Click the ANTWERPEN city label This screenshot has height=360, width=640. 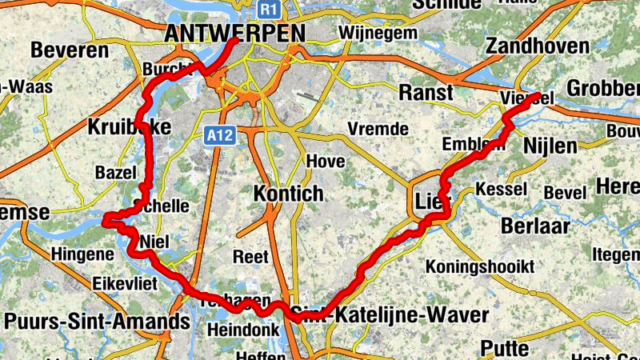(234, 34)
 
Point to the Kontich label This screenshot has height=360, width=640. (288, 194)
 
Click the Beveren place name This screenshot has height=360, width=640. (70, 50)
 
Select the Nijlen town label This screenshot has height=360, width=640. (550, 146)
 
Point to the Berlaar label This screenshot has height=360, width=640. (535, 226)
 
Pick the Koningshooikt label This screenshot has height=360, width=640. (480, 266)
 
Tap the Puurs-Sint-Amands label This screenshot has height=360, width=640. (97, 322)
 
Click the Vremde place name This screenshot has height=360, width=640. (378, 129)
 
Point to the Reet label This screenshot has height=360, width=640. (250, 257)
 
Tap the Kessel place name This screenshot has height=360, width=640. (501, 190)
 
